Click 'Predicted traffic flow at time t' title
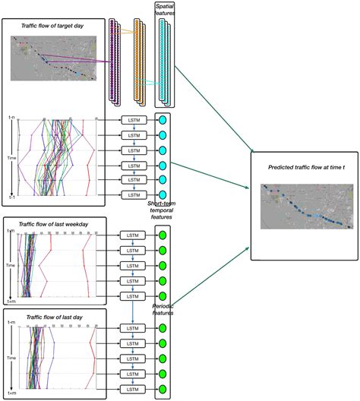tap(304, 166)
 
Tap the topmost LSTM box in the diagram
tap(133, 120)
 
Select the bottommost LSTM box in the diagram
tap(133, 388)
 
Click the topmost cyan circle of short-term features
tap(162, 120)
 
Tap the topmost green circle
tap(162, 236)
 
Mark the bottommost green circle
tap(162, 388)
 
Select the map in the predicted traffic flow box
tap(304, 206)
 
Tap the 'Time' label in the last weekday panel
tap(10, 267)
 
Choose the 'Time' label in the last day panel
tap(10, 358)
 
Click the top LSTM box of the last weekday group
tap(133, 236)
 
